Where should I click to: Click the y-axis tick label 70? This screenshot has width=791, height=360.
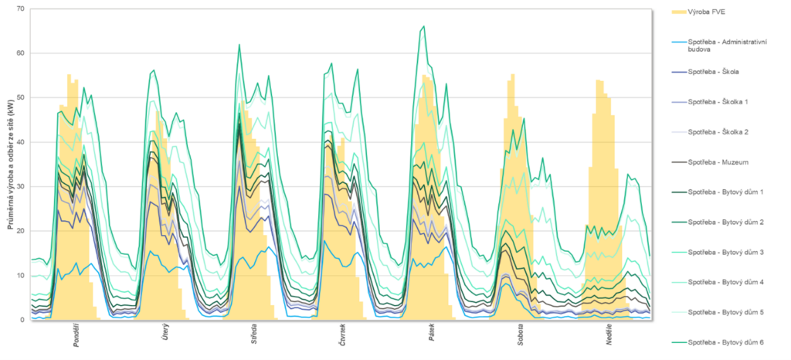(20, 9)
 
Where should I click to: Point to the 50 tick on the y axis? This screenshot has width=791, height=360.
(20, 98)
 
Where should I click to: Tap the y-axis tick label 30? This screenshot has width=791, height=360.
(20, 187)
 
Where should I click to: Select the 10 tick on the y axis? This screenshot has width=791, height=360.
(20, 276)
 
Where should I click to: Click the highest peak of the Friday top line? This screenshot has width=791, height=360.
(423, 26)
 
